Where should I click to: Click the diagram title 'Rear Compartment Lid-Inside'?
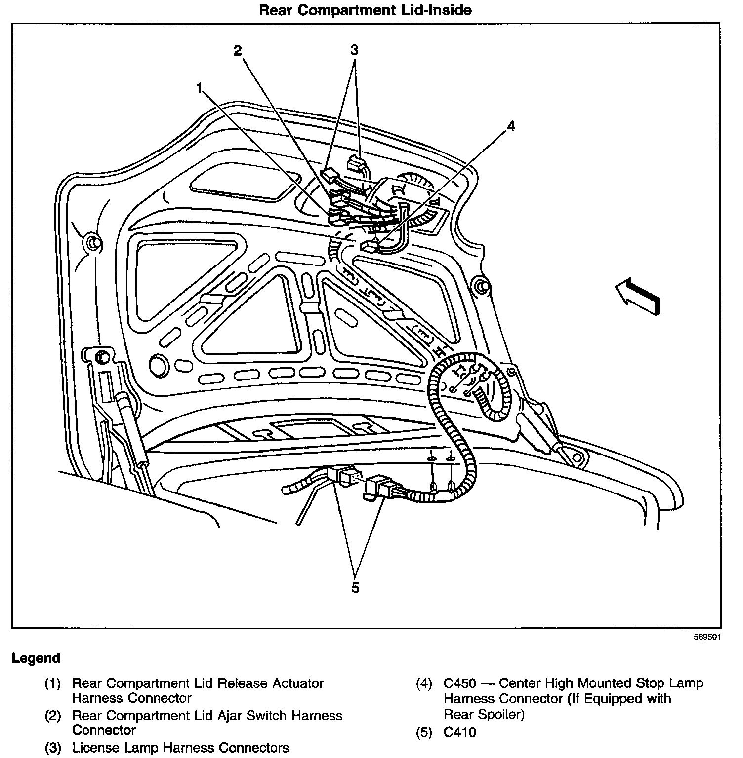point(365,10)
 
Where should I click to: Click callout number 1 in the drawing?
point(199,88)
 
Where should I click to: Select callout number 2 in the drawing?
point(238,50)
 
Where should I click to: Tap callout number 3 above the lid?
point(354,50)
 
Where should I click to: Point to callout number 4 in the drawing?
point(511,126)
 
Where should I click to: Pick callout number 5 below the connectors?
point(355,587)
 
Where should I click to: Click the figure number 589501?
point(707,637)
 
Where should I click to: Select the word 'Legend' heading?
point(36,658)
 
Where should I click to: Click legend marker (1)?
point(52,684)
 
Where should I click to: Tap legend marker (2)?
point(52,716)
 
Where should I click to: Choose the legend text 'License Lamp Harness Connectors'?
point(180,748)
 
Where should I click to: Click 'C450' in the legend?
point(459,683)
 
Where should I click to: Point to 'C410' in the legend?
point(459,732)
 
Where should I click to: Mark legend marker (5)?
point(424,732)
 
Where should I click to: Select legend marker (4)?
point(424,684)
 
